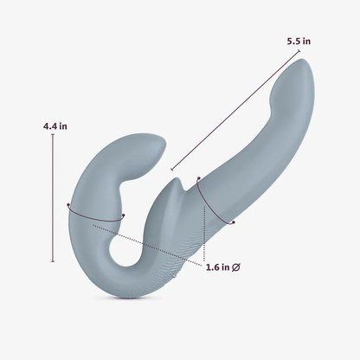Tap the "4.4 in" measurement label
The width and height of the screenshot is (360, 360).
(55, 126)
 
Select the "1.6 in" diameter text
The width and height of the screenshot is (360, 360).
(218, 267)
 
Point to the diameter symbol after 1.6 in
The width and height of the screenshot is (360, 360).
(236, 267)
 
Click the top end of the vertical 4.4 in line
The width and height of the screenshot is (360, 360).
(54, 136)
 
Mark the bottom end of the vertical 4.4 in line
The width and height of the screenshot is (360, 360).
(54, 261)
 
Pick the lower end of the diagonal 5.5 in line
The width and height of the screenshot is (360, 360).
(171, 170)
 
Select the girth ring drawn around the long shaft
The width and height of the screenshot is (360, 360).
(215, 204)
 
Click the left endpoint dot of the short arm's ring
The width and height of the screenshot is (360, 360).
(67, 205)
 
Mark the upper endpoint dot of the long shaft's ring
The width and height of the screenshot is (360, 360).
(198, 180)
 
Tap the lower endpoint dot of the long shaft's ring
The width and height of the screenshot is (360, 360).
(233, 223)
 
